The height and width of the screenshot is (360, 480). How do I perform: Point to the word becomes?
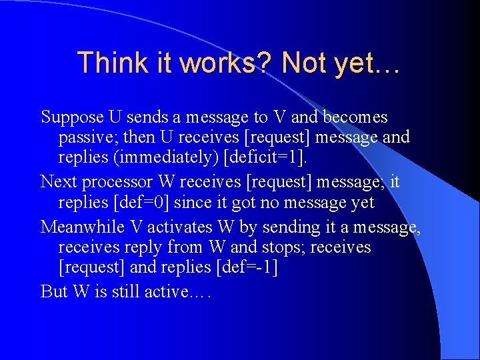pyautogui.click(x=355, y=117)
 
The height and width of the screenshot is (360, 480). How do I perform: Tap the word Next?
pyautogui.click(x=57, y=181)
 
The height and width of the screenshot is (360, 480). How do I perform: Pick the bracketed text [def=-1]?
pyautogui.click(x=245, y=268)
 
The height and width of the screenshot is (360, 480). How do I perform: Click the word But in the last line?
pyautogui.click(x=54, y=291)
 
